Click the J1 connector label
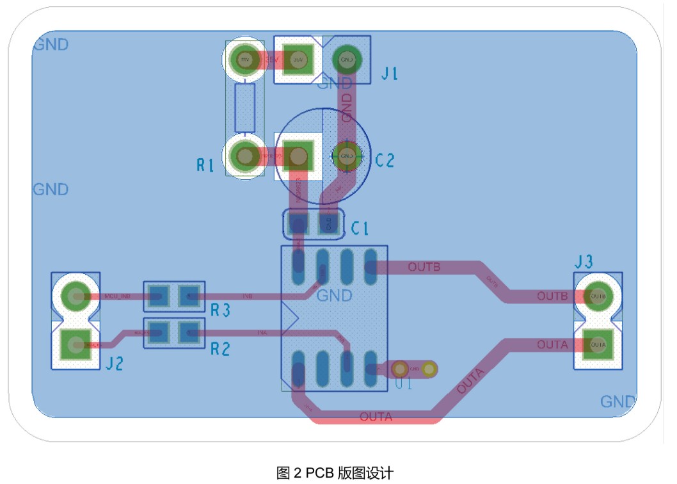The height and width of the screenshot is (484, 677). point(390,74)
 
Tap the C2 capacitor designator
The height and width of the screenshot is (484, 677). point(385,161)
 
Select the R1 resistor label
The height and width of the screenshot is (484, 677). point(205,166)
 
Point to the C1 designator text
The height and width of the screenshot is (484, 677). point(360,229)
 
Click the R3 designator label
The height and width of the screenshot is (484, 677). point(220,311)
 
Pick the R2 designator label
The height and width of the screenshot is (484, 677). point(220,349)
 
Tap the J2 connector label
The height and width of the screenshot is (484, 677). point(115,364)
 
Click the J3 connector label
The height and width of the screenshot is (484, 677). point(584,261)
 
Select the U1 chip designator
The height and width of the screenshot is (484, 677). point(403,385)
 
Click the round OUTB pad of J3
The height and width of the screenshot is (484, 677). point(598,296)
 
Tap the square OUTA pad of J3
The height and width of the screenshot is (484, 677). point(598,344)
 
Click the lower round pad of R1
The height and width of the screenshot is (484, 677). point(244,156)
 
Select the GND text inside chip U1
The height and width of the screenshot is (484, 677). point(334,296)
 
